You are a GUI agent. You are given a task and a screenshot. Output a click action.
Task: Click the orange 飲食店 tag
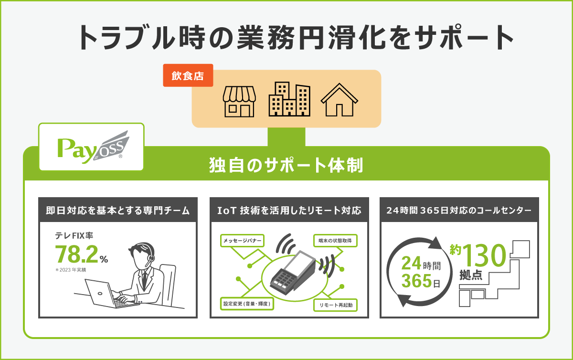point(188,75)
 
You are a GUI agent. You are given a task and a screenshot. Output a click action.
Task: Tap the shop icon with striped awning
point(239,102)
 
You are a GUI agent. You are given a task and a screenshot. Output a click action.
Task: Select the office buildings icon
point(289,99)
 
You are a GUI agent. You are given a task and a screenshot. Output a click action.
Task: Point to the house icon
point(340,100)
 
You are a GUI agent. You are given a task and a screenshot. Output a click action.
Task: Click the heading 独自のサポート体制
point(286,165)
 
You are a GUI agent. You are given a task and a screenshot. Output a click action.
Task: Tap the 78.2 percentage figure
point(77,254)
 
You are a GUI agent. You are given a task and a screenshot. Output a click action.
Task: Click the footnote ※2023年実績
point(71,270)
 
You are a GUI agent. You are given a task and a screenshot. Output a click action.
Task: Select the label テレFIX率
point(74,235)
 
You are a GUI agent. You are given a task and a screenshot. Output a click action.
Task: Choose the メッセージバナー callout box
point(242,241)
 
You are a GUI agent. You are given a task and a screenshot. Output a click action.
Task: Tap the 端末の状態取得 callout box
point(335,241)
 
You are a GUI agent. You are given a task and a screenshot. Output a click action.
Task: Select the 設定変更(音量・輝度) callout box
point(247,304)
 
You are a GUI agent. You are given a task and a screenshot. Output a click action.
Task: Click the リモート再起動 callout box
point(335,305)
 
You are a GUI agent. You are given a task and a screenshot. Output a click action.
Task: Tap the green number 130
point(484,255)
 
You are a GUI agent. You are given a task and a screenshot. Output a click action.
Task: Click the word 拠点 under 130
point(471,275)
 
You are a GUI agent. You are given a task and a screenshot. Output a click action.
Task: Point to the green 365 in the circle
point(416,281)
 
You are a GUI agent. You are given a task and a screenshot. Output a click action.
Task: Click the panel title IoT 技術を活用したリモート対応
point(289,211)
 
